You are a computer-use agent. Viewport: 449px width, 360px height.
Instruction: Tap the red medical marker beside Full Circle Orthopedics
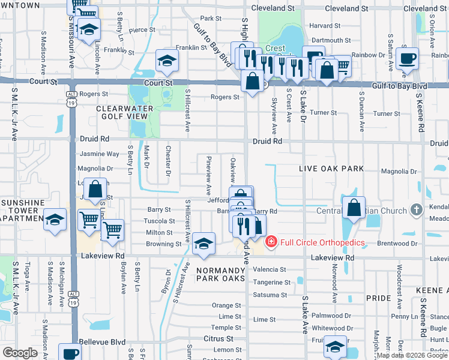point(271,241)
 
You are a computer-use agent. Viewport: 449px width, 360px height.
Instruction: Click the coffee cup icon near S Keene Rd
point(408,59)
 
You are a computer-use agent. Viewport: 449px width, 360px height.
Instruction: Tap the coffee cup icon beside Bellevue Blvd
point(70,353)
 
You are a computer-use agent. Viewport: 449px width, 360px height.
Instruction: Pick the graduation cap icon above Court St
point(167,60)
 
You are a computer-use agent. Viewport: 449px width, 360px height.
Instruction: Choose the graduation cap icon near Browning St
point(204,243)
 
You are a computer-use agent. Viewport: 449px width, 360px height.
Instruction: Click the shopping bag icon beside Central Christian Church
point(354,208)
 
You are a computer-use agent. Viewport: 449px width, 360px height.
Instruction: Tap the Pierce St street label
point(142,29)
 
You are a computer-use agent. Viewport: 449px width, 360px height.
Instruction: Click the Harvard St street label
point(325,26)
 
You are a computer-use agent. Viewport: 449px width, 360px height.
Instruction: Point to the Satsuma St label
point(270,295)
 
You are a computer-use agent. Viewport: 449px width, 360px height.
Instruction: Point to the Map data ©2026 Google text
point(411,355)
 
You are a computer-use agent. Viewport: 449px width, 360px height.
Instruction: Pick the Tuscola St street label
point(160,221)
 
